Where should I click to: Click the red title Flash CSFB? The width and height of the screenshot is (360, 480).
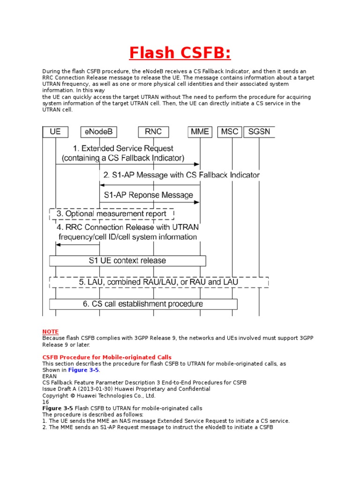pyautogui.click(x=180, y=53)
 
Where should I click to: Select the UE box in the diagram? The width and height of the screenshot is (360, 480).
pyautogui.click(x=55, y=132)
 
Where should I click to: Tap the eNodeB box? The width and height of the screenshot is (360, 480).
pyautogui.click(x=99, y=132)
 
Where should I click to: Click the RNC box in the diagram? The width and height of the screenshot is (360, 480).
pyautogui.click(x=153, y=132)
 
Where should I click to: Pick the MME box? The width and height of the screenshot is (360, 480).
pyautogui.click(x=200, y=132)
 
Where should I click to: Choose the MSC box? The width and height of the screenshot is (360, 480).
pyautogui.click(x=230, y=132)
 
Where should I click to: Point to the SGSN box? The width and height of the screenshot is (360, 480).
pyautogui.click(x=259, y=132)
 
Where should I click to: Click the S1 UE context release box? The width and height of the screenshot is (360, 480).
pyautogui.click(x=127, y=260)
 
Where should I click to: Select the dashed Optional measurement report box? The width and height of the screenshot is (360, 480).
pyautogui.click(x=112, y=214)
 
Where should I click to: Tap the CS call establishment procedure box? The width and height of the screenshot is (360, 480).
pyautogui.click(x=143, y=304)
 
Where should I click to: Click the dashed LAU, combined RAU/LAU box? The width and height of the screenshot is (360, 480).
pyautogui.click(x=159, y=282)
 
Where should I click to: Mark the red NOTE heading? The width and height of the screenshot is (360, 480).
pyautogui.click(x=51, y=331)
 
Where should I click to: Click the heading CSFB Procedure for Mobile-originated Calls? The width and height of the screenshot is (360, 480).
pyautogui.click(x=107, y=357)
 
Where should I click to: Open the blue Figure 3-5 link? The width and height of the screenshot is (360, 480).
pyautogui.click(x=84, y=370)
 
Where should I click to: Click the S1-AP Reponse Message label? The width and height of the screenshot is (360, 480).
pyautogui.click(x=148, y=195)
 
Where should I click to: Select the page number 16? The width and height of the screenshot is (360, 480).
pyautogui.click(x=45, y=402)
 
